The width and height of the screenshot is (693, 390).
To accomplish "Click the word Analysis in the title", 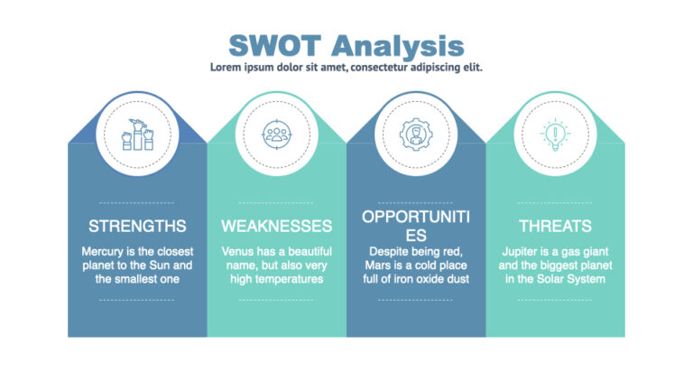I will (397, 45).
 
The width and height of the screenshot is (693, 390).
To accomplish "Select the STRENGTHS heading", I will (137, 226).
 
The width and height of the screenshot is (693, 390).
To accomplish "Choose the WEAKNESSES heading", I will (276, 226).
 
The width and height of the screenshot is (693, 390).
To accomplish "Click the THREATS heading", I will (555, 226).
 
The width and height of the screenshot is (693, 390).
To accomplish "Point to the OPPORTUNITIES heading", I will (415, 226).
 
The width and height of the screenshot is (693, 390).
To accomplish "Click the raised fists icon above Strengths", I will (137, 135).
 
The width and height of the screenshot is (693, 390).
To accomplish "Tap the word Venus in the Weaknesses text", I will (238, 251).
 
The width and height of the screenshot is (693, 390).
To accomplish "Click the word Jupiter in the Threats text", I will (522, 251).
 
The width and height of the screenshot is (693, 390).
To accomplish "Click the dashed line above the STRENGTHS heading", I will (137, 203).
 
